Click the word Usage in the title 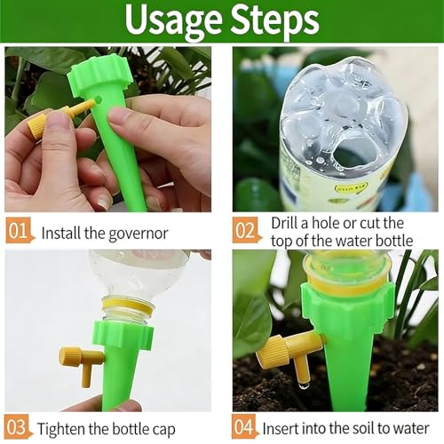[x=170, y=20]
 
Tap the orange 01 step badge [x=19, y=233]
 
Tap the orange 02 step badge [x=246, y=233]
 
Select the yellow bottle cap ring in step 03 [x=127, y=306]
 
